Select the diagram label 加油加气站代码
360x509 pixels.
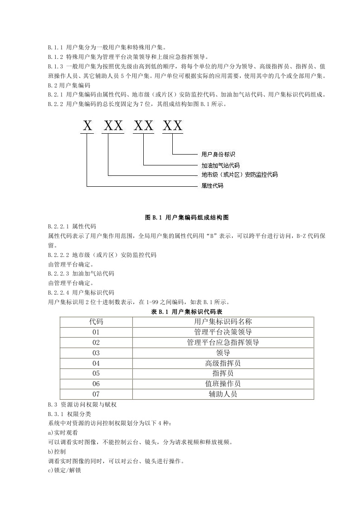220,165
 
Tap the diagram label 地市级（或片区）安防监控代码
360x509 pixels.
239,175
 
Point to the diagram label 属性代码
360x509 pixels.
212,186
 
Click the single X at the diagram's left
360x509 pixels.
88,126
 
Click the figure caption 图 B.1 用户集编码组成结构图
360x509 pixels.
187,218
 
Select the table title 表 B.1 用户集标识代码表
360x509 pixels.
186,312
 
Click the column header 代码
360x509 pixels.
96,322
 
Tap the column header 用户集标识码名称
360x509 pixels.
223,322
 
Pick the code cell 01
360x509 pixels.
96,332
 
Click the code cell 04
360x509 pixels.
96,363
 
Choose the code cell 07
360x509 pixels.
96,394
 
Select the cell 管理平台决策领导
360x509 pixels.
223,332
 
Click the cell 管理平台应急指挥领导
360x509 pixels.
223,343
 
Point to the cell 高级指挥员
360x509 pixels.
223,363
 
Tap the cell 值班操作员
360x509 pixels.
223,384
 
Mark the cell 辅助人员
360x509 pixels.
223,394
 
